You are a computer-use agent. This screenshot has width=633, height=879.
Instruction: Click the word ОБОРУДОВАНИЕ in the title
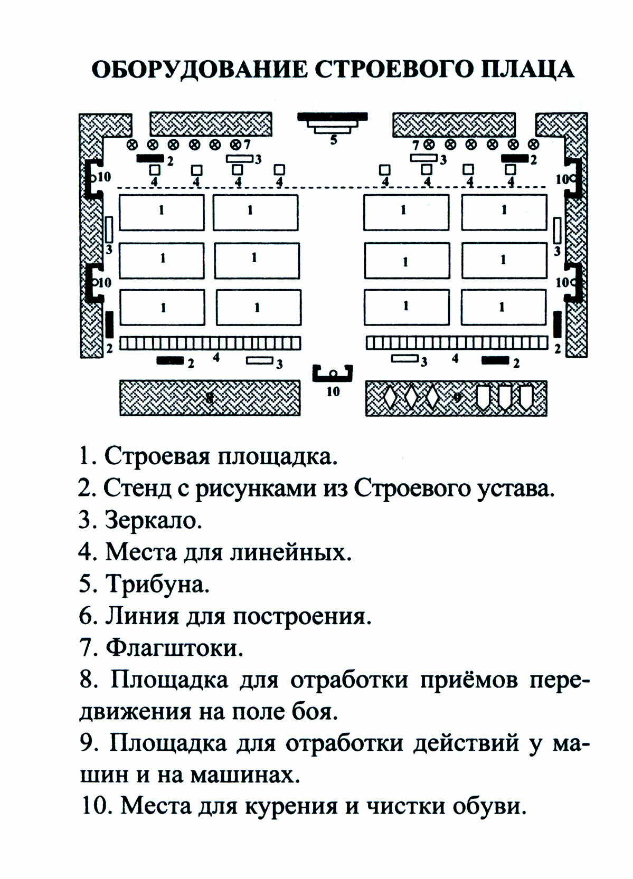click(x=199, y=70)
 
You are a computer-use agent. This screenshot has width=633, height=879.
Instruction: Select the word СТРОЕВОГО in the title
click(x=391, y=70)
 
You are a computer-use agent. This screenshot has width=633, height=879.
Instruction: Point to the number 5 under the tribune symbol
click(x=333, y=140)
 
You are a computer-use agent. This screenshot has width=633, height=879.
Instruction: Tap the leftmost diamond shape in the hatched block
click(x=389, y=397)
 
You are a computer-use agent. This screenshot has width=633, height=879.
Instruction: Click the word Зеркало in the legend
click(x=154, y=521)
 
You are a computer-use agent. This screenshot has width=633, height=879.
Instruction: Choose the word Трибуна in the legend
click(x=157, y=585)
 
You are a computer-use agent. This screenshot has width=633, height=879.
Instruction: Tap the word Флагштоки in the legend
click(x=174, y=648)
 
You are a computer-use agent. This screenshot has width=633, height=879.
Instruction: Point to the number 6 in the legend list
click(x=86, y=616)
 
